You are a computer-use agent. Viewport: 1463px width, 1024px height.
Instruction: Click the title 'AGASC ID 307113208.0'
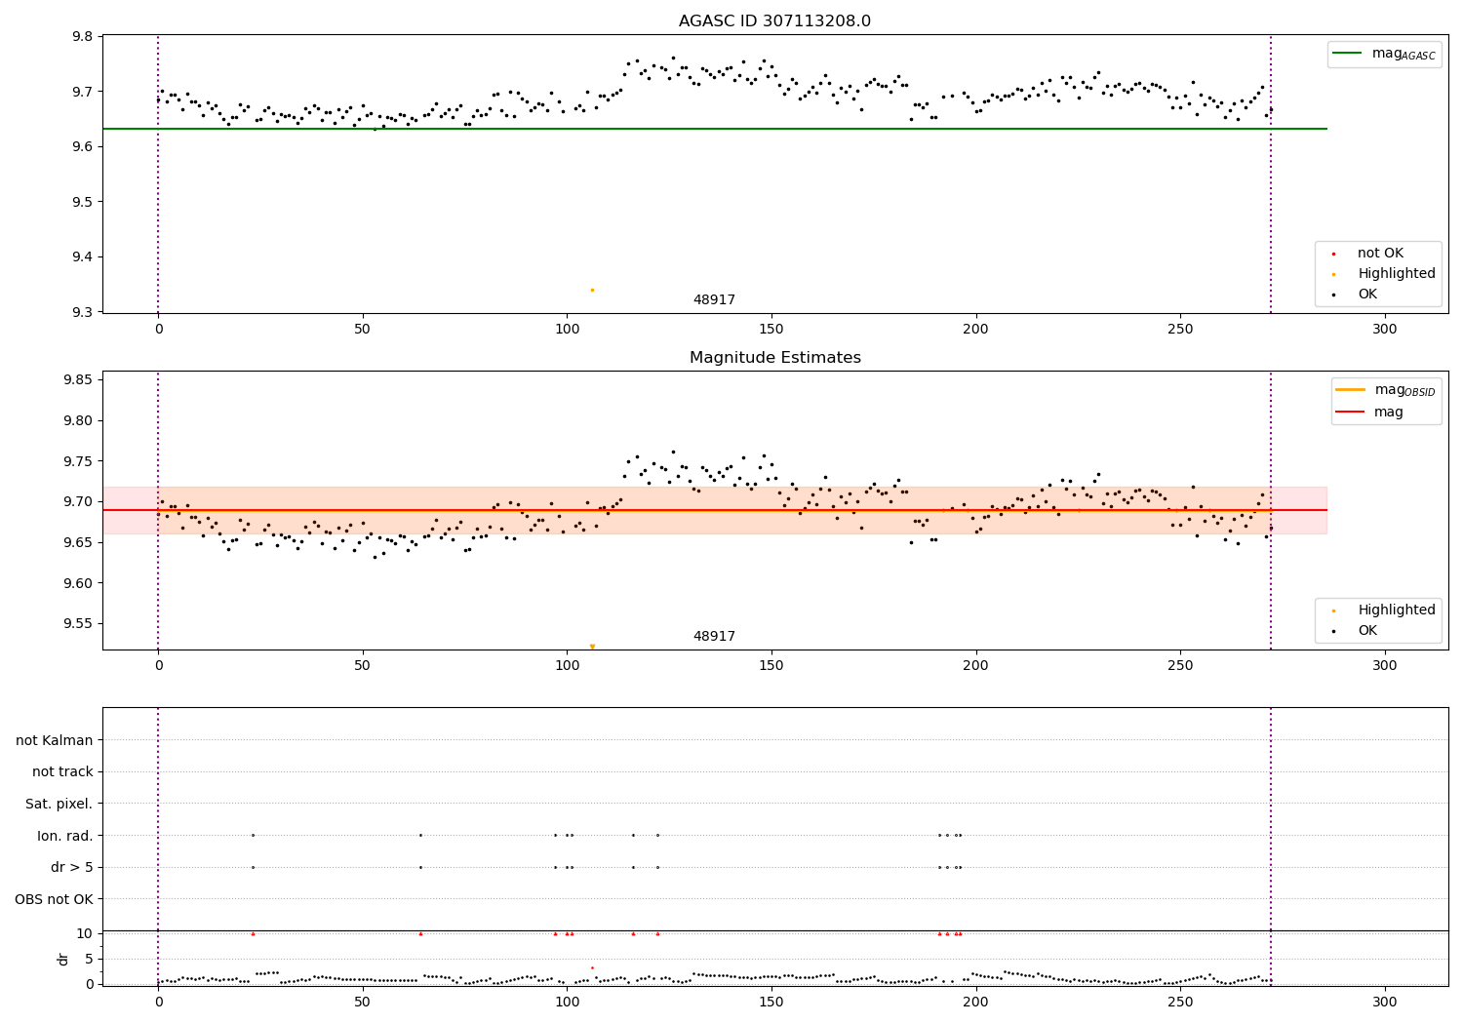[774, 20]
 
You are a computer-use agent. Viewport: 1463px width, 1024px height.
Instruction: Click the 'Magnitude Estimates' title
[774, 358]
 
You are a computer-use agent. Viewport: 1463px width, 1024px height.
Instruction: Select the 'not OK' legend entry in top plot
[1380, 253]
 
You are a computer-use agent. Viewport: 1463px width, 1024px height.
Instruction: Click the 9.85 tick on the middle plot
[75, 379]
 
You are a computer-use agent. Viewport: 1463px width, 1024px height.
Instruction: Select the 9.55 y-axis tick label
[75, 624]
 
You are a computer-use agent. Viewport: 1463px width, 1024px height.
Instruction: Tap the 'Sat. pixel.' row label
[59, 804]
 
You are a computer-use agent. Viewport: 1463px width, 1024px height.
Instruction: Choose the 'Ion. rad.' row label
[65, 836]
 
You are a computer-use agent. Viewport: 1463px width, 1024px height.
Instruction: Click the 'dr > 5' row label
[72, 867]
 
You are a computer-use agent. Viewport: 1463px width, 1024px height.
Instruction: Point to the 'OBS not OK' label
[55, 899]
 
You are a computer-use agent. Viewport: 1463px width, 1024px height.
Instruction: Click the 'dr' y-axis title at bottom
[63, 959]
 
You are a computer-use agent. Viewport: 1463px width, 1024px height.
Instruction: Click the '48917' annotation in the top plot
[714, 300]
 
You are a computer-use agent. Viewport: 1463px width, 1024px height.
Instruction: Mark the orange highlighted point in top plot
[592, 290]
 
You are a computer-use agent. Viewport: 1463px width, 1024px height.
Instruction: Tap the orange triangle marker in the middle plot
[592, 646]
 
